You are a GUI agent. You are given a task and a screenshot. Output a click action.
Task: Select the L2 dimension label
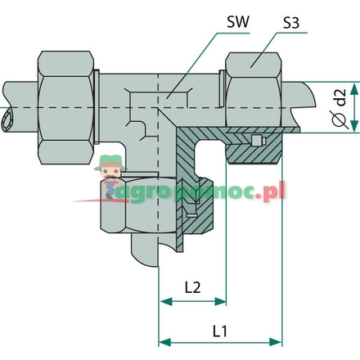coord(193,287)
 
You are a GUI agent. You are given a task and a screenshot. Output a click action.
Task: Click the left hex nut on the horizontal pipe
coord(66,87)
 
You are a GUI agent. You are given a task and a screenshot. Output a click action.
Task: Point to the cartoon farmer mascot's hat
coord(104,166)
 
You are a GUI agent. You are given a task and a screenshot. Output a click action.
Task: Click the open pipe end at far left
coord(8,120)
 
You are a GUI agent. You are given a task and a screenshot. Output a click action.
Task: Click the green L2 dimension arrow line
coord(193,301)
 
